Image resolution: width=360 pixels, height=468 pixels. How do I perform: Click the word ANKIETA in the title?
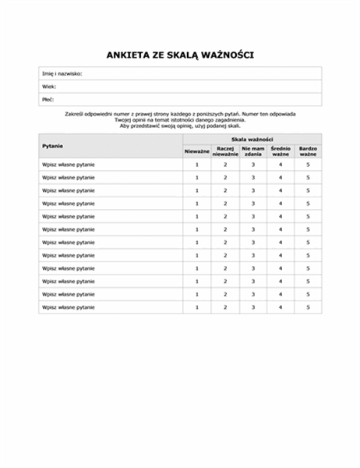pos(129,55)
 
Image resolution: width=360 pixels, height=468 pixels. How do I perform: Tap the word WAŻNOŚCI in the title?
pos(227,55)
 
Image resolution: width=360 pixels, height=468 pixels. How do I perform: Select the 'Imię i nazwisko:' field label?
pos(62,73)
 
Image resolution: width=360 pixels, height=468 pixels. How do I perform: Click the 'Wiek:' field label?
pos(49,87)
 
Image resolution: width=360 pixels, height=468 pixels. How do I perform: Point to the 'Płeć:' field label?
pos(49,100)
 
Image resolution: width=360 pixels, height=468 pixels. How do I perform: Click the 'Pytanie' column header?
pos(54,146)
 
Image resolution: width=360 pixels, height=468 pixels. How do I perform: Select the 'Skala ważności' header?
pos(252,138)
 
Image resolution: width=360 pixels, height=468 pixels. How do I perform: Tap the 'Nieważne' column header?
pos(197,151)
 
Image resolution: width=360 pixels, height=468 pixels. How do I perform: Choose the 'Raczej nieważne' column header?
pos(225,151)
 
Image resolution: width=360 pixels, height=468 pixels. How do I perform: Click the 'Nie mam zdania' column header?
pos(252,151)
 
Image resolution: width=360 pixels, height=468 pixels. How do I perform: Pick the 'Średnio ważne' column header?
pos(280,151)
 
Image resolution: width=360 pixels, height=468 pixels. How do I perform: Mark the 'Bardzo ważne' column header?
pos(308,151)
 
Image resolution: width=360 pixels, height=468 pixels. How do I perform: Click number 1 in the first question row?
pos(197,165)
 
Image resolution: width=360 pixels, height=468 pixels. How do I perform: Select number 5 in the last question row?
pos(308,307)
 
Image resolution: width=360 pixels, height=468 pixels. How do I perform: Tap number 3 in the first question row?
pos(252,165)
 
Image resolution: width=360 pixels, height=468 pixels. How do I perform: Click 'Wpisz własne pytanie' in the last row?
pos(69,307)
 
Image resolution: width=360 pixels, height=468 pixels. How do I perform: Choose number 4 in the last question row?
pos(280,307)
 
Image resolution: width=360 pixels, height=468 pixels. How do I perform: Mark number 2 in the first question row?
pos(225,165)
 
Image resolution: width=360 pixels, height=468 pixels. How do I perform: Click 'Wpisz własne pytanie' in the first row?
pos(69,165)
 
